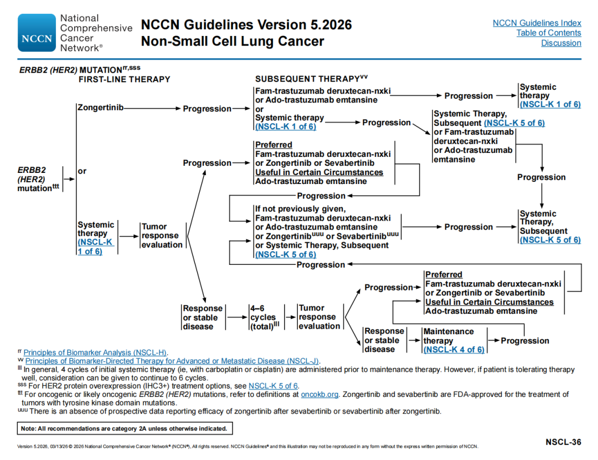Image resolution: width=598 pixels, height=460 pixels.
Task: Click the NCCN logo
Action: point(37,33)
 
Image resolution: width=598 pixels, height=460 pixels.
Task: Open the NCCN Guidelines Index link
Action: point(537,23)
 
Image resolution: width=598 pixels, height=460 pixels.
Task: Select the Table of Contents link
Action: point(548,33)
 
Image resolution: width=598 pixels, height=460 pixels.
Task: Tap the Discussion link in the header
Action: point(561,43)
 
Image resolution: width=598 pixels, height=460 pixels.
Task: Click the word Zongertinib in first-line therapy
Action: point(100,108)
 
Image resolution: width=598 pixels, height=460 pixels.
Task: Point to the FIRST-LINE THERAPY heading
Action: point(124,79)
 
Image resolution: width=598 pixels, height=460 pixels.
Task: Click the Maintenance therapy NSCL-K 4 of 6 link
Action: point(453,350)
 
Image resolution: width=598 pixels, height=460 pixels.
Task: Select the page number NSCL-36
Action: point(563,442)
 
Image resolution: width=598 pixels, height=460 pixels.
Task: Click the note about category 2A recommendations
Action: point(123,428)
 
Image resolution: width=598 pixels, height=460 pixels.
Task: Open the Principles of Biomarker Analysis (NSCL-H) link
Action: point(95,352)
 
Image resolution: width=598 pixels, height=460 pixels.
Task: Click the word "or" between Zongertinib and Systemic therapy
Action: point(82,171)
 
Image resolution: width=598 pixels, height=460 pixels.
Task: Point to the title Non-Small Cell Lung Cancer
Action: point(233,42)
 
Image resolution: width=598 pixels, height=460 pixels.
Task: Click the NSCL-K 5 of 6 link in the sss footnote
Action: point(273,386)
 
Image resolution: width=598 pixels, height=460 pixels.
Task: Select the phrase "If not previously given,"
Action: point(300,209)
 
